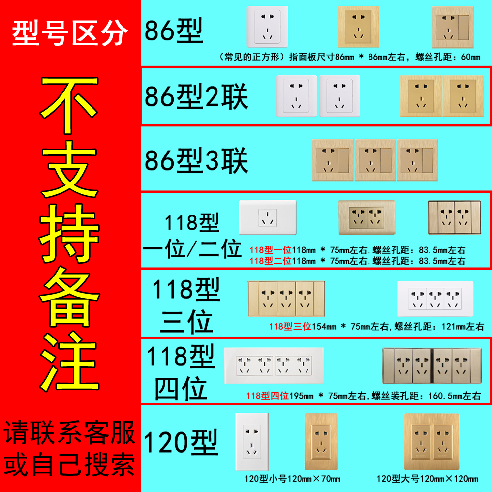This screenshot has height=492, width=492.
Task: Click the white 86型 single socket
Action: (x=267, y=27)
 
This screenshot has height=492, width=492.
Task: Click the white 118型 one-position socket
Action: (x=268, y=217)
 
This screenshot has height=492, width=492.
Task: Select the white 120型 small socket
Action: (x=252, y=441)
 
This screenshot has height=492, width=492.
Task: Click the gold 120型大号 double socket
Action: (x=431, y=441)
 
